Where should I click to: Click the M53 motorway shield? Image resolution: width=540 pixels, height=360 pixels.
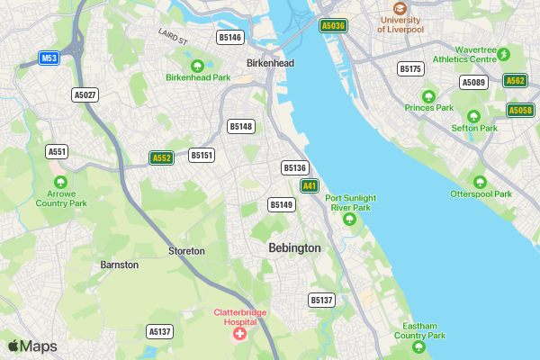tap(49, 58)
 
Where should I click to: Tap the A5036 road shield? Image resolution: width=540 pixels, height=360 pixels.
tap(333, 26)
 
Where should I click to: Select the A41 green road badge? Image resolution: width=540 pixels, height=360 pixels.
tap(310, 185)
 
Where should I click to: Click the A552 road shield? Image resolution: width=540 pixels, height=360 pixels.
tap(161, 158)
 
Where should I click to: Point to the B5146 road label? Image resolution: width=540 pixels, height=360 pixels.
tap(230, 37)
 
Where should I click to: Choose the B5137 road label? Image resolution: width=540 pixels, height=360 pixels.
tap(321, 300)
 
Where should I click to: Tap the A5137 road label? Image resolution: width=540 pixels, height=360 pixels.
tap(159, 332)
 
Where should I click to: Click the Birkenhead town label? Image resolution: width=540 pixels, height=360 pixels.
tap(271, 64)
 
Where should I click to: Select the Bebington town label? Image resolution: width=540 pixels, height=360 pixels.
tap(294, 247)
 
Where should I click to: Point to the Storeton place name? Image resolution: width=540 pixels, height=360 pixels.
tap(186, 251)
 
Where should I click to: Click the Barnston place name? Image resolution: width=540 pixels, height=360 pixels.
tap(120, 265)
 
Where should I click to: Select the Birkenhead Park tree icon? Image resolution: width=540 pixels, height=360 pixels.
tap(198, 65)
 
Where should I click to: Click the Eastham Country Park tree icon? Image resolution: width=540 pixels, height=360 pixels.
tap(418, 346)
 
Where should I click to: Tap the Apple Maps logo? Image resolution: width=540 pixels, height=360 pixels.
tap(32, 346)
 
